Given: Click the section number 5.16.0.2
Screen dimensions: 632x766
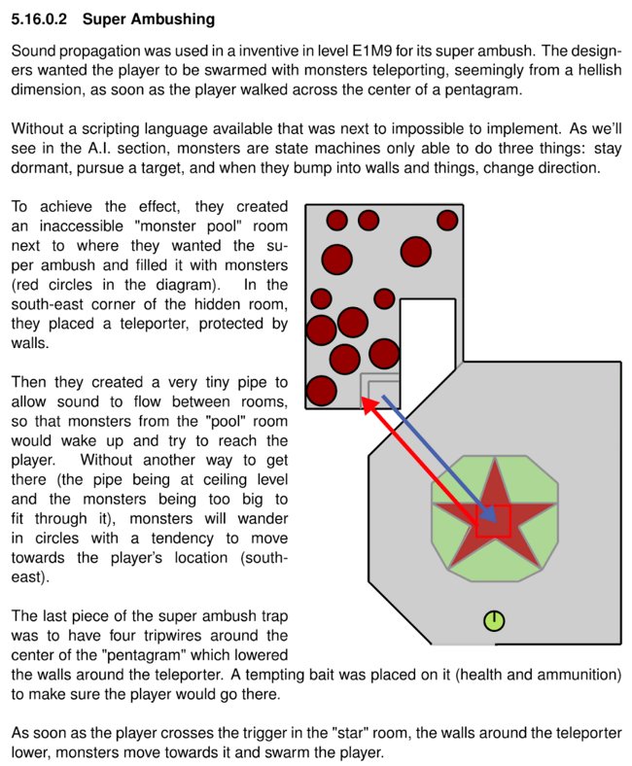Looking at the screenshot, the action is [x=39, y=19].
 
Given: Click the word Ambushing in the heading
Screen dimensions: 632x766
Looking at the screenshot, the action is [x=173, y=19].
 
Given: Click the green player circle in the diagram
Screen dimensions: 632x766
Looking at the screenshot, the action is [x=494, y=621].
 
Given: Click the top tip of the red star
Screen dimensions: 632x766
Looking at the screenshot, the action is [x=496, y=459].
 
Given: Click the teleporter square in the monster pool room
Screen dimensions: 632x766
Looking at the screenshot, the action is [x=381, y=391].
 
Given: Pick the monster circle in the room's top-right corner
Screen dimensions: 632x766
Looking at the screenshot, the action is [x=447, y=221].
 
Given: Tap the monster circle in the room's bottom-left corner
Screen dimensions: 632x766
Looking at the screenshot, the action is [x=321, y=392].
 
